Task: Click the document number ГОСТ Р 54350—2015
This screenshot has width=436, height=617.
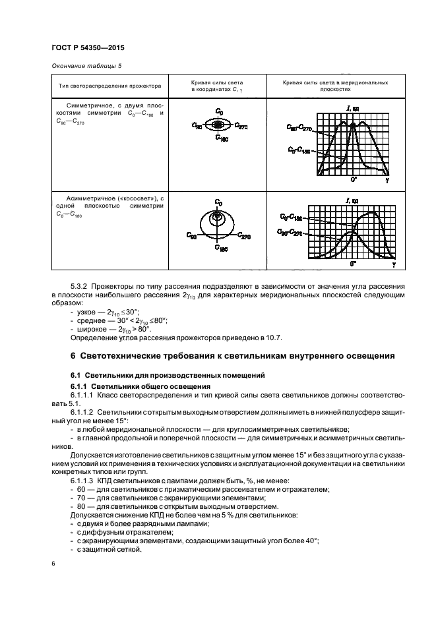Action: tap(88, 49)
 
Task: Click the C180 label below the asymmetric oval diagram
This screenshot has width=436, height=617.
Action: tap(219, 250)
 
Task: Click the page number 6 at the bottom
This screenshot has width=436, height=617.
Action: tap(53, 564)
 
